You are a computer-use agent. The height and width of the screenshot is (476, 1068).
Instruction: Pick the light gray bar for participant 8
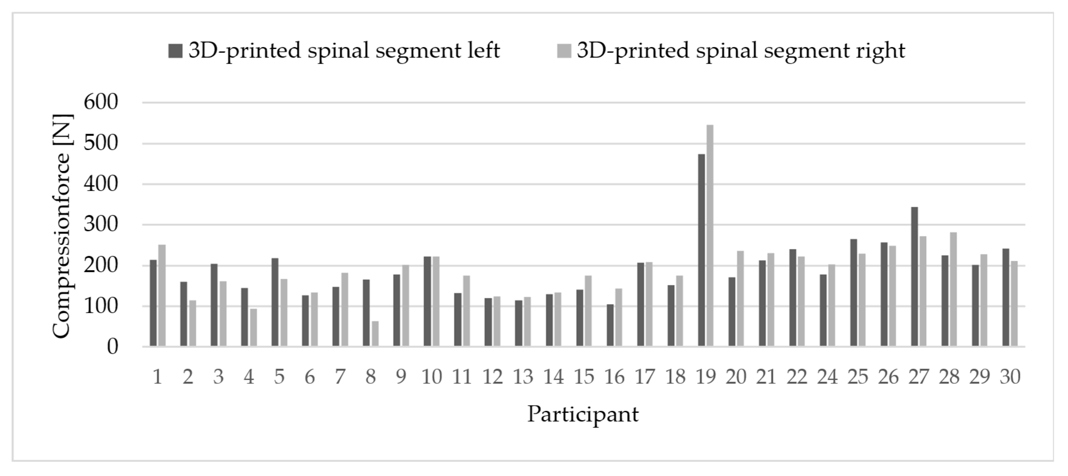coord(375,333)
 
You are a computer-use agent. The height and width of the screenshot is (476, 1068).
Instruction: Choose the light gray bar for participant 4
coord(253,327)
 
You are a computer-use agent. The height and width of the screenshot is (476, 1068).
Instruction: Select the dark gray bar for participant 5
coord(275,302)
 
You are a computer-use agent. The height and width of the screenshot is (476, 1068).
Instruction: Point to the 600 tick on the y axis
coord(101,102)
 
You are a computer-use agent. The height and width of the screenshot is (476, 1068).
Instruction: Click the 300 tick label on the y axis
coord(101,225)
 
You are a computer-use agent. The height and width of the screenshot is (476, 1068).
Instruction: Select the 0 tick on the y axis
coord(112,347)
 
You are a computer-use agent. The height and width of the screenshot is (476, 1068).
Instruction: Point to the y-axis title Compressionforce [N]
coord(62,226)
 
